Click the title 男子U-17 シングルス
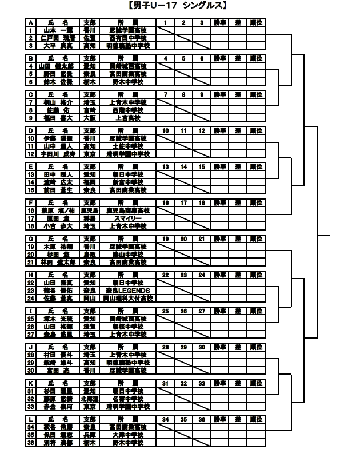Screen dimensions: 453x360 coord(179,6)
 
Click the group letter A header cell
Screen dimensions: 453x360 coord(30,22)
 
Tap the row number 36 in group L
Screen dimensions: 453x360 coord(30,442)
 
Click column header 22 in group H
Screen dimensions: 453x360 coord(166,275)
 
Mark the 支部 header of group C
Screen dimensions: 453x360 coord(89,94)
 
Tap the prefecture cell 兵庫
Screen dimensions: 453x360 coord(89,435)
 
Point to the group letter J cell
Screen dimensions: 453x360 coord(30,347)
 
